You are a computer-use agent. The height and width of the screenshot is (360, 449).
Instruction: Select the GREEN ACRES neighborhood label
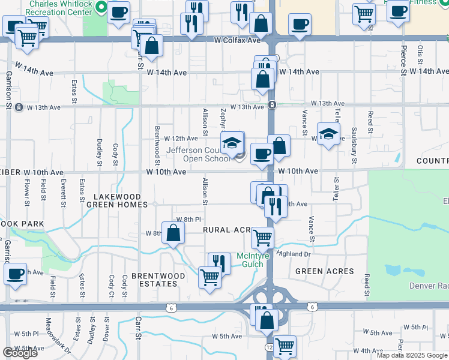point(325,271)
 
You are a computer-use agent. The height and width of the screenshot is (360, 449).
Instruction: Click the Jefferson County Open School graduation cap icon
point(232,143)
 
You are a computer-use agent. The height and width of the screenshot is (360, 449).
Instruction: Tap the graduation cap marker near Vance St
point(328,133)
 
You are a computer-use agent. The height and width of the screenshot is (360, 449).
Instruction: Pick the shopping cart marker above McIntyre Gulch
point(262,238)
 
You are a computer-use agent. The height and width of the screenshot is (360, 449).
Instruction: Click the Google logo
point(20,353)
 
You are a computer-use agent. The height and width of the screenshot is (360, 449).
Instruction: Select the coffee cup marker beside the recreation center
point(119,11)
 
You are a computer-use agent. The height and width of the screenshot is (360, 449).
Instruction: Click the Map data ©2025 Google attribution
point(412,355)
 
